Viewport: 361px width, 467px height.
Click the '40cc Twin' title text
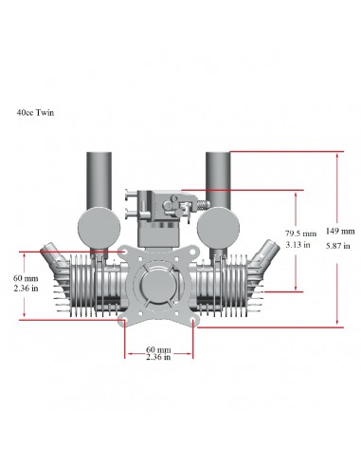pos(35,112)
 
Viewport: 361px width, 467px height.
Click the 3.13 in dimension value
pos(298,245)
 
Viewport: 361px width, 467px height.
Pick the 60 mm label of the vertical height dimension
pos(27,278)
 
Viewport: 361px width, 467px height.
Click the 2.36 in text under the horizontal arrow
pos(158,358)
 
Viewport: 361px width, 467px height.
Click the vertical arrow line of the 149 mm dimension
pos(336,190)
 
